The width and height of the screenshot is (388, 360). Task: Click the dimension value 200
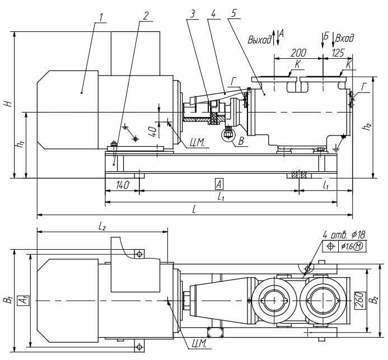[298, 52]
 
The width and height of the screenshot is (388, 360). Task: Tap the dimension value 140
[122, 184]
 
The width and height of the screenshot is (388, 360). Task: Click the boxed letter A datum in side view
[218, 184]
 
